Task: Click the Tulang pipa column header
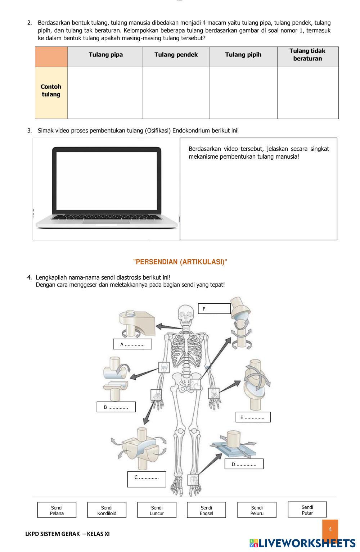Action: click(x=105, y=55)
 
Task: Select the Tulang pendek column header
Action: click(x=176, y=55)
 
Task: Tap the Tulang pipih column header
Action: click(x=243, y=55)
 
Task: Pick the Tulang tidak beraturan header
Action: click(x=307, y=55)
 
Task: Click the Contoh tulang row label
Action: click(x=51, y=91)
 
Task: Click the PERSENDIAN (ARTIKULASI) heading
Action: click(x=180, y=262)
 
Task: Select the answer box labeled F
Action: click(x=214, y=309)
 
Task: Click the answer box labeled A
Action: click(x=132, y=344)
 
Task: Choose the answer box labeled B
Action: click(x=116, y=407)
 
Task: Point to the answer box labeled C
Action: click(x=147, y=479)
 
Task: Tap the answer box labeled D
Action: click(x=244, y=464)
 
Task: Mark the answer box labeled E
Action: click(x=253, y=417)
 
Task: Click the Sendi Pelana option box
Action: click(x=57, y=510)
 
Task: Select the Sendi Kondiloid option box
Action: click(x=107, y=510)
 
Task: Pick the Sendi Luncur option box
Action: click(x=157, y=510)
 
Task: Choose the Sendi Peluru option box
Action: click(x=257, y=510)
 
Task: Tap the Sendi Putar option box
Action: click(x=307, y=510)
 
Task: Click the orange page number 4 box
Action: click(x=330, y=529)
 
